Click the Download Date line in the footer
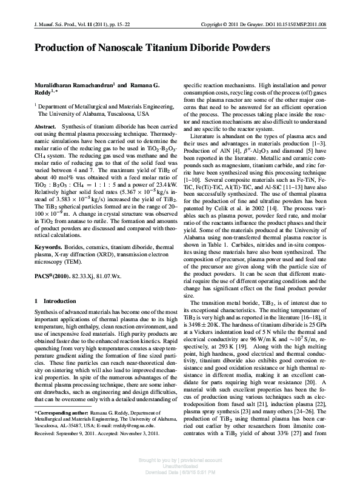(x=179, y=472)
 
